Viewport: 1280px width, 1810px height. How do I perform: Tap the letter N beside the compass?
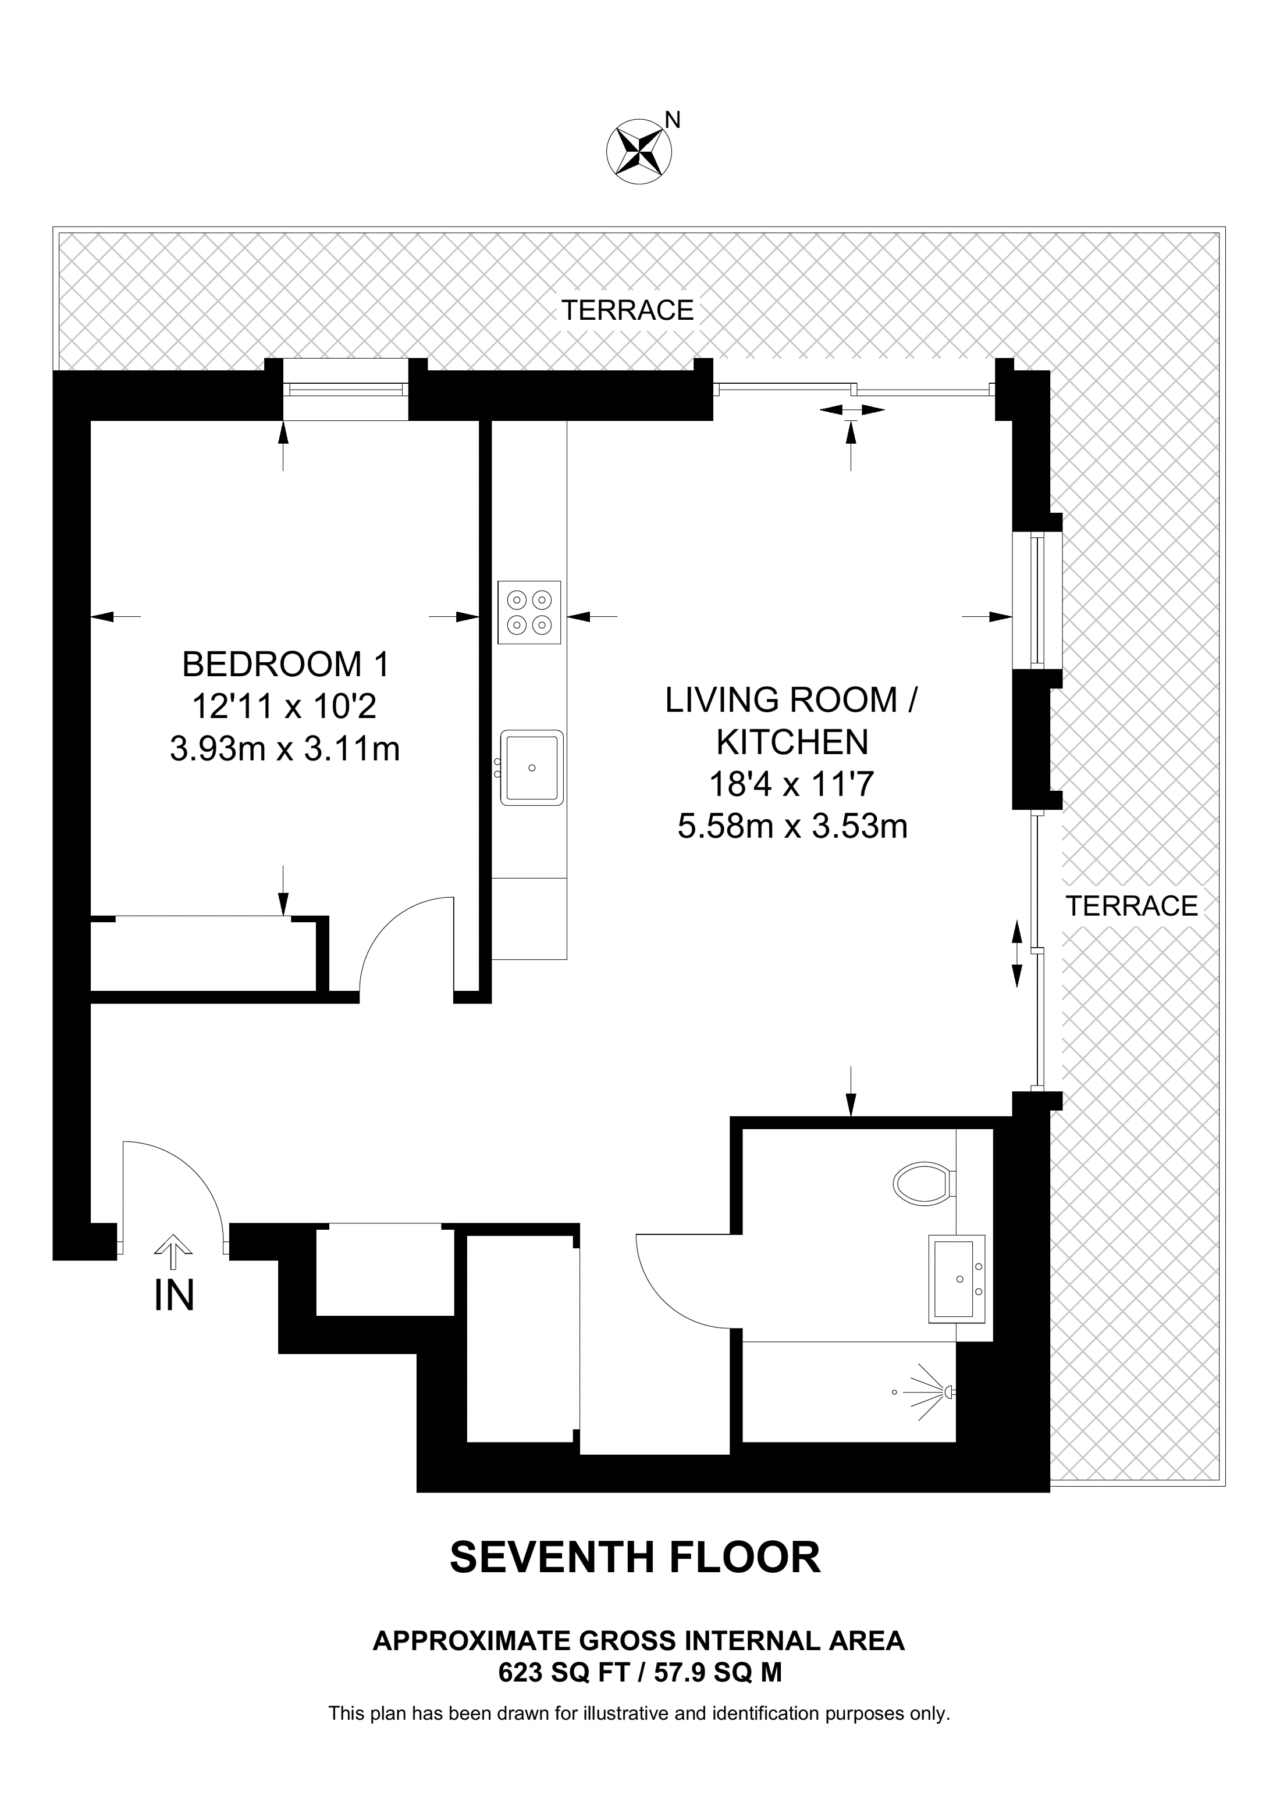(x=673, y=120)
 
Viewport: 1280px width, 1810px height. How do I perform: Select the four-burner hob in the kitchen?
(x=529, y=612)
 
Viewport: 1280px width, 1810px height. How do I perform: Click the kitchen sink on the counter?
(x=532, y=767)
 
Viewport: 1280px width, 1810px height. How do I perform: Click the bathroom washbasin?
(x=957, y=1279)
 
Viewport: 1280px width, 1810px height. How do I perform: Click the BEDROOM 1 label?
(x=286, y=665)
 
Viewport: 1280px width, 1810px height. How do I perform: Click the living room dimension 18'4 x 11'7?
(x=792, y=784)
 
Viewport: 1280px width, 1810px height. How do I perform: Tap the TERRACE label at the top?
(x=627, y=310)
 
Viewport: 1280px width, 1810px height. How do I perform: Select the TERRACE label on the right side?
(x=1131, y=906)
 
